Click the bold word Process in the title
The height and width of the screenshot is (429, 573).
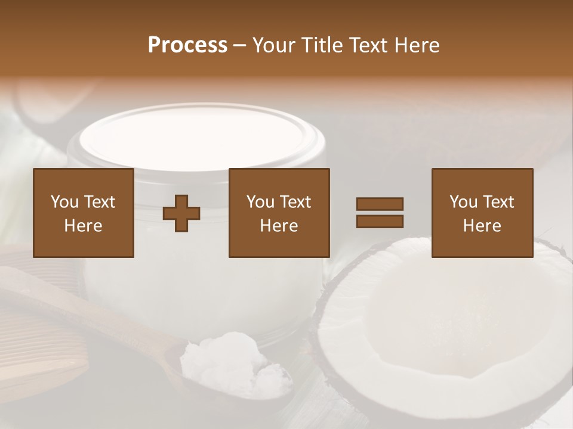tap(187, 45)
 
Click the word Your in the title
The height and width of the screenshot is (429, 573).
tap(274, 45)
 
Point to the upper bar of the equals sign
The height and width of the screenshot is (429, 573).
tap(380, 204)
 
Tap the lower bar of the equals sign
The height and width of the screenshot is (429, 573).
tap(380, 222)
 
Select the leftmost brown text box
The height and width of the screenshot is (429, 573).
tap(83, 213)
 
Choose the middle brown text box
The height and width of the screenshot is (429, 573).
tap(279, 213)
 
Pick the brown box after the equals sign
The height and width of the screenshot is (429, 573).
tap(482, 213)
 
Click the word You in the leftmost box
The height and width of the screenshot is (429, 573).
tap(63, 202)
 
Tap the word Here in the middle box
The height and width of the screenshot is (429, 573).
tap(279, 226)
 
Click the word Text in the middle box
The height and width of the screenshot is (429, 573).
tap(295, 202)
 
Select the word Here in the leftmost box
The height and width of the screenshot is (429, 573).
tap(83, 226)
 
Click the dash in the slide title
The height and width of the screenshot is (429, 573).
tap(239, 46)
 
